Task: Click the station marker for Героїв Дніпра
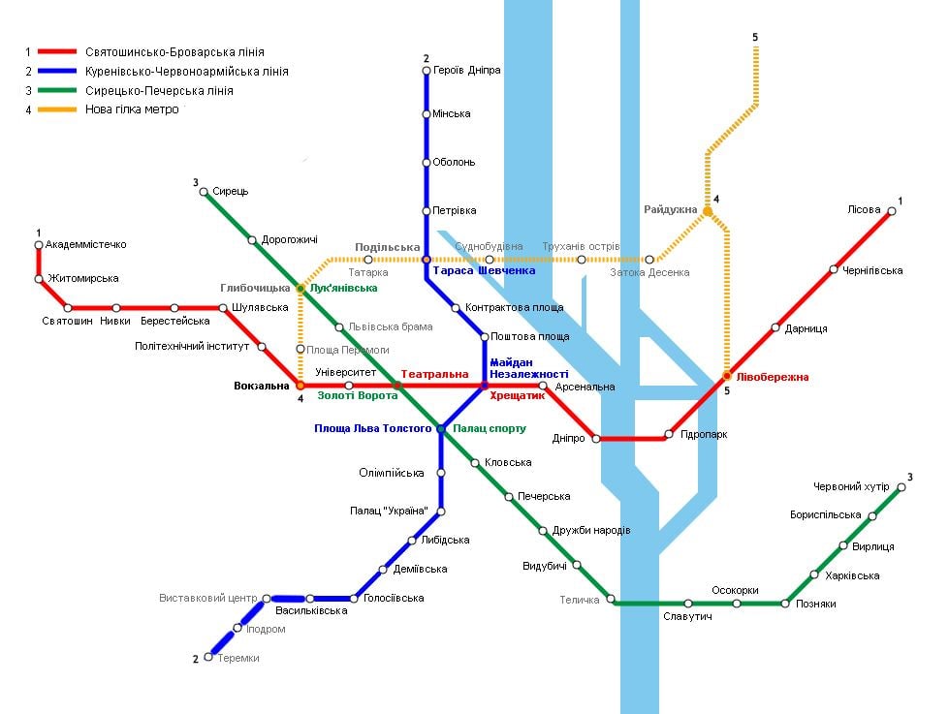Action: coord(427,71)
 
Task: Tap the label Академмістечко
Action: coord(86,244)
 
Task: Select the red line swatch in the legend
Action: coord(57,52)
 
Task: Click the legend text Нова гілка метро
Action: coord(132,109)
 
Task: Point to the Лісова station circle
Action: coord(892,211)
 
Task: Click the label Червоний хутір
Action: coord(851,486)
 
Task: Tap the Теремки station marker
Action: coord(208,657)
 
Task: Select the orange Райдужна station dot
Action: coord(707,211)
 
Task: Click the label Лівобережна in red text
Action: coord(773,377)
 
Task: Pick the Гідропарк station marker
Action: coord(669,434)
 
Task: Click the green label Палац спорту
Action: coord(490,428)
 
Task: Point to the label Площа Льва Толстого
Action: coord(373,428)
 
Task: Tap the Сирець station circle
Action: coord(204,192)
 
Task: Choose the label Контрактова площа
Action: coord(515,307)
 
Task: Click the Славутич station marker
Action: coord(688,604)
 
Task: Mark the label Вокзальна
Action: coord(262,386)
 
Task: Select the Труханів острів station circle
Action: coord(581,260)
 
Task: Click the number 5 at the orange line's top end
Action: coord(755,38)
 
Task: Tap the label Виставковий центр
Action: coord(208,598)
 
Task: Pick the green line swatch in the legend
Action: coord(57,91)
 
